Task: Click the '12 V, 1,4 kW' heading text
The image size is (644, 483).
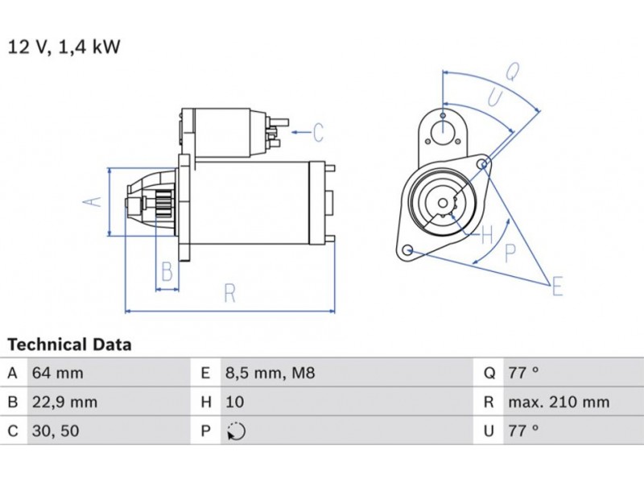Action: pyautogui.click(x=64, y=47)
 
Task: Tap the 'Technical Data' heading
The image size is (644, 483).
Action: pyautogui.click(x=69, y=345)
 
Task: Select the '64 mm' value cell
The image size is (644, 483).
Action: pyautogui.click(x=57, y=373)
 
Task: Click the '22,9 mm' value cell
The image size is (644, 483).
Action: pyautogui.click(x=64, y=402)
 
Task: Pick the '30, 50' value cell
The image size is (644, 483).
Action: pyautogui.click(x=57, y=431)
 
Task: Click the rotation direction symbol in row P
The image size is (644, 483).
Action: pyautogui.click(x=236, y=431)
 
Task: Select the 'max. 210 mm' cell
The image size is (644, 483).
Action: pyautogui.click(x=558, y=402)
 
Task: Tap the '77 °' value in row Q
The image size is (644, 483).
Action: pyautogui.click(x=523, y=373)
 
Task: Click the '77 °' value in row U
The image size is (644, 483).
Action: pyautogui.click(x=523, y=431)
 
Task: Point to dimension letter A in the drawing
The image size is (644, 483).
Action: pyautogui.click(x=94, y=201)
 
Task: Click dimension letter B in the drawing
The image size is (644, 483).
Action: pyautogui.click(x=167, y=272)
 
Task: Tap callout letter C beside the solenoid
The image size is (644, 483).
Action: pyautogui.click(x=317, y=131)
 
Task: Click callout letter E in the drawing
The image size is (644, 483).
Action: pyautogui.click(x=556, y=284)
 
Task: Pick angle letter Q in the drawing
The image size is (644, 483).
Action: pyautogui.click(x=512, y=72)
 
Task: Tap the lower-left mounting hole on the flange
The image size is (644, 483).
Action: pyautogui.click(x=409, y=250)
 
